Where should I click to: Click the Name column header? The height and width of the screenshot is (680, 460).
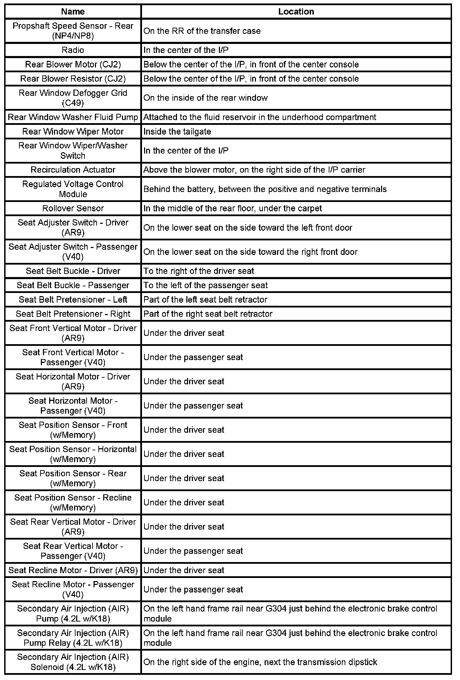point(73,11)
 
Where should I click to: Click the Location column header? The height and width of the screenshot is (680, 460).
point(296,11)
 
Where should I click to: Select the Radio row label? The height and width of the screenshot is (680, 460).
point(73,50)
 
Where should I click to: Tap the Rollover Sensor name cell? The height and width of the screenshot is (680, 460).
point(73,208)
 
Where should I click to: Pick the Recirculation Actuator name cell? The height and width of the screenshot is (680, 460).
point(73,170)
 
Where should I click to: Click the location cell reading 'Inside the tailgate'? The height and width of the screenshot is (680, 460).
point(177,131)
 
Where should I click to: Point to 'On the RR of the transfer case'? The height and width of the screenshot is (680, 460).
point(202,31)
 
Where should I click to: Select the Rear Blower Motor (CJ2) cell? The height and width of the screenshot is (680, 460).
point(73,64)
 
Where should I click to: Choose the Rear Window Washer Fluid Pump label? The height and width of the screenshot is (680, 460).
point(73,117)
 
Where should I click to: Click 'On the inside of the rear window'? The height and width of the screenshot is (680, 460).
point(205,98)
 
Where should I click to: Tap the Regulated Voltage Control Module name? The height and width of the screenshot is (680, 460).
point(73,189)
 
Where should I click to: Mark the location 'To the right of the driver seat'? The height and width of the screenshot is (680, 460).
point(199,271)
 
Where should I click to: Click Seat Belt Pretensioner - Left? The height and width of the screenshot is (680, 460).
point(73,300)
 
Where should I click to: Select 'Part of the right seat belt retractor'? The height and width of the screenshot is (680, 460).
point(208,314)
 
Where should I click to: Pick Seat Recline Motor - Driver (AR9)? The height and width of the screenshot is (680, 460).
point(73,570)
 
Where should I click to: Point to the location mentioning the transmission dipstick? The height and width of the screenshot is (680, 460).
point(260,662)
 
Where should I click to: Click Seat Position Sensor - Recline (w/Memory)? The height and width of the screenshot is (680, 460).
point(73,502)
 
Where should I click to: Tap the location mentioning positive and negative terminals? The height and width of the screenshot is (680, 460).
point(265,189)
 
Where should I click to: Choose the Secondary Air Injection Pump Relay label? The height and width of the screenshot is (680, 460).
point(73,638)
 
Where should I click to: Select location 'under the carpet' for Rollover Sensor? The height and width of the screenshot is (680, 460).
point(232,209)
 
